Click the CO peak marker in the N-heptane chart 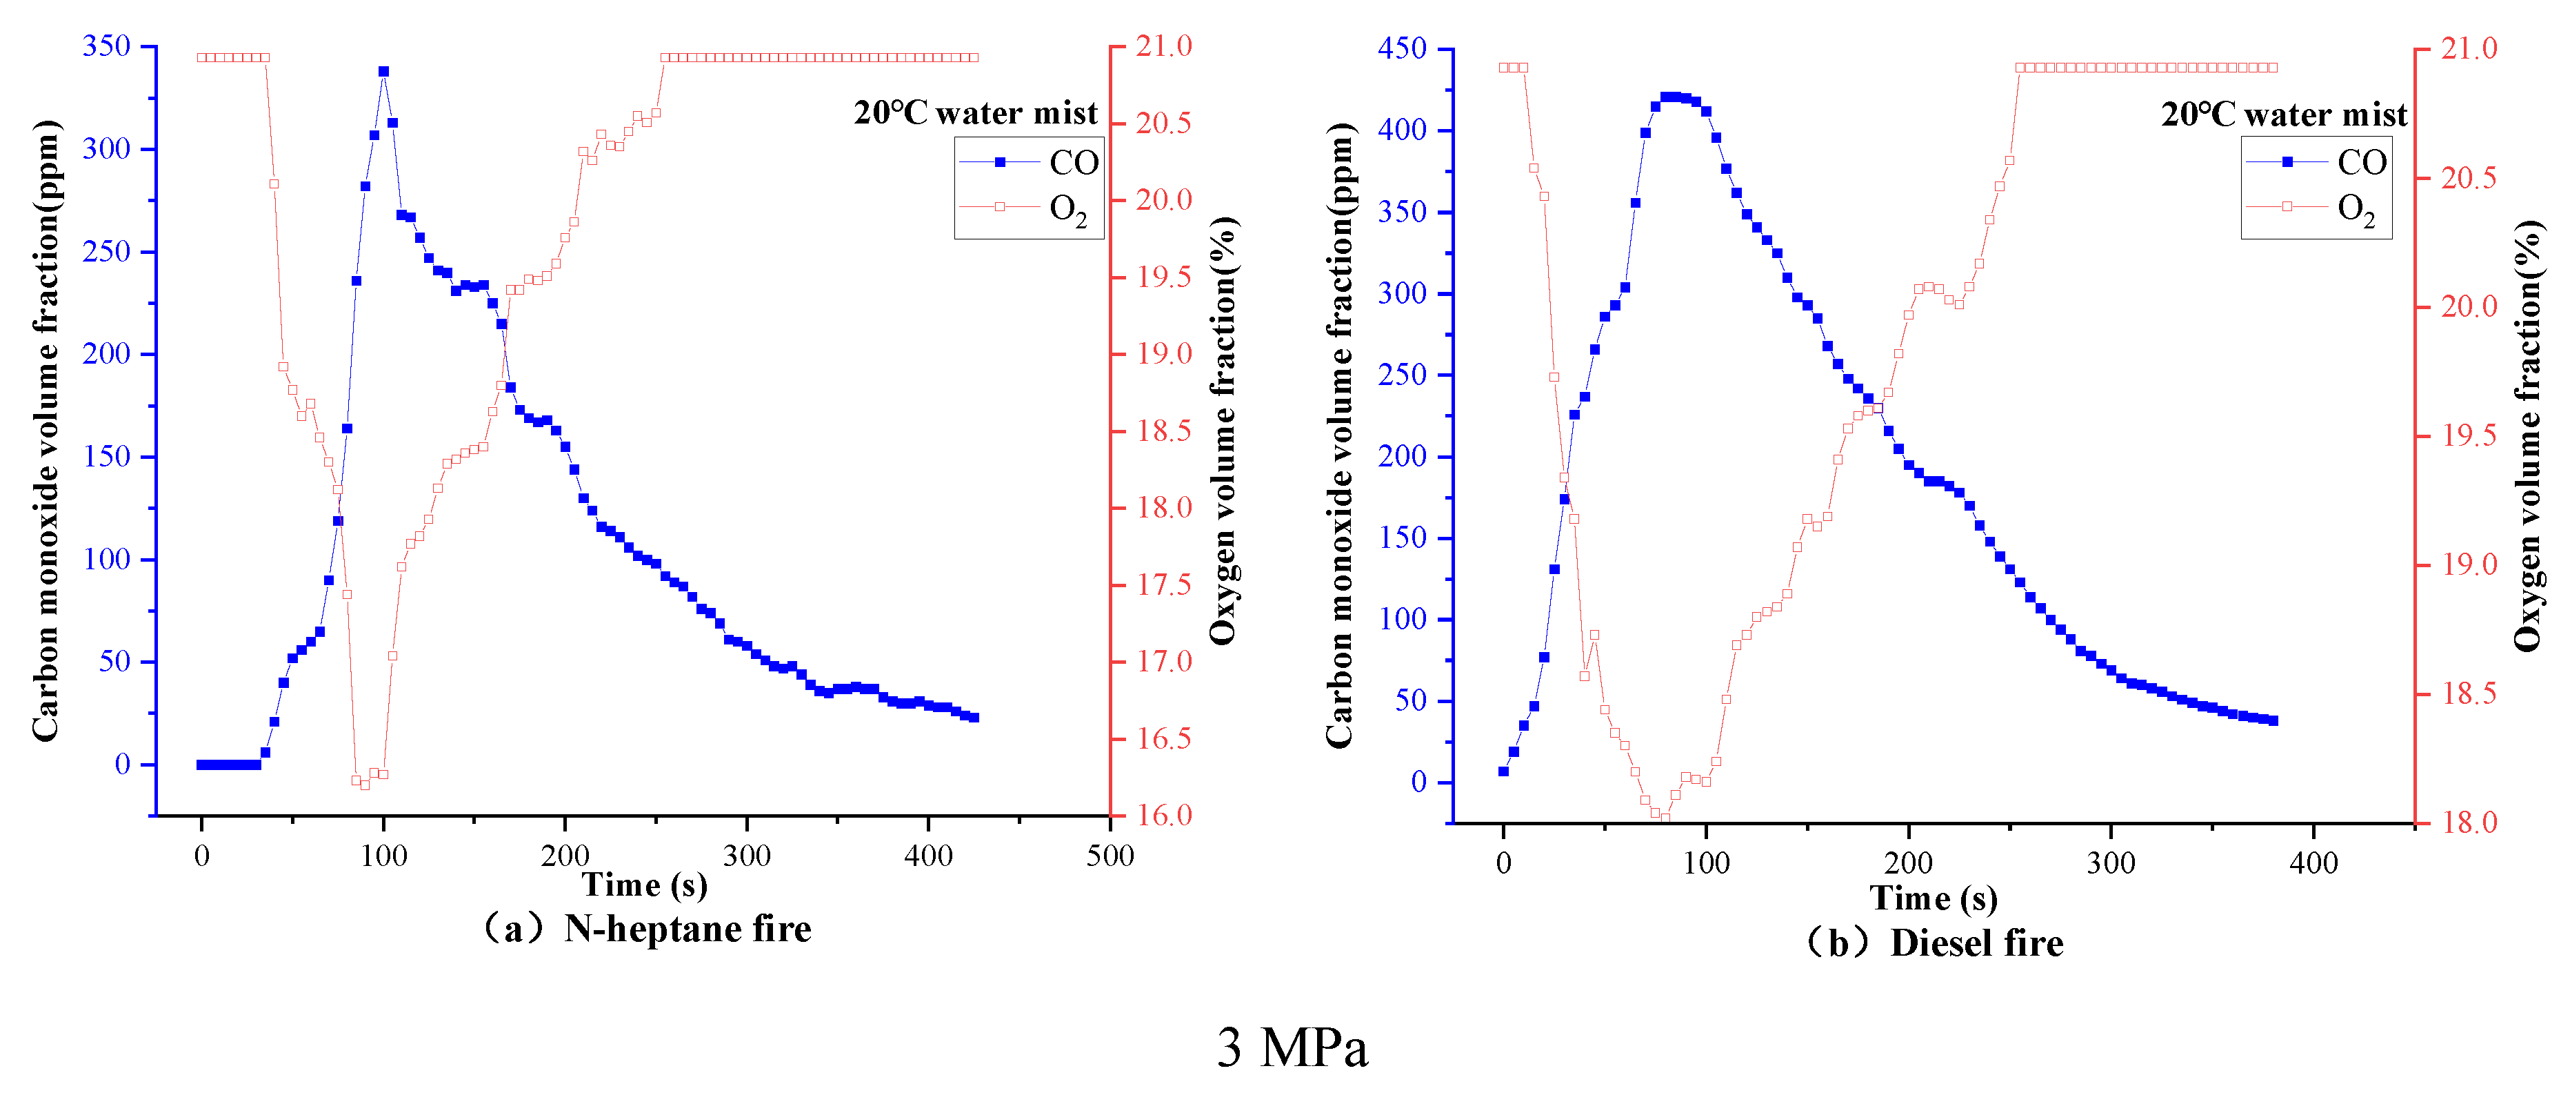[x=383, y=72]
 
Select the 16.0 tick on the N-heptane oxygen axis [x=1163, y=816]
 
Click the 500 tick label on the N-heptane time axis [x=1110, y=856]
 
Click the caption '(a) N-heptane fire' [x=647, y=929]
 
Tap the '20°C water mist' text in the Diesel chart [x=2284, y=115]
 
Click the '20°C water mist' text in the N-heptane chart [x=975, y=112]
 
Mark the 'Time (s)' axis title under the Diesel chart [x=1934, y=898]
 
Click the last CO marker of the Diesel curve [x=2273, y=720]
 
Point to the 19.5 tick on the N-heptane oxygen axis [x=1163, y=277]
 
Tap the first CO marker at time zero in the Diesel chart [x=1503, y=771]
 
